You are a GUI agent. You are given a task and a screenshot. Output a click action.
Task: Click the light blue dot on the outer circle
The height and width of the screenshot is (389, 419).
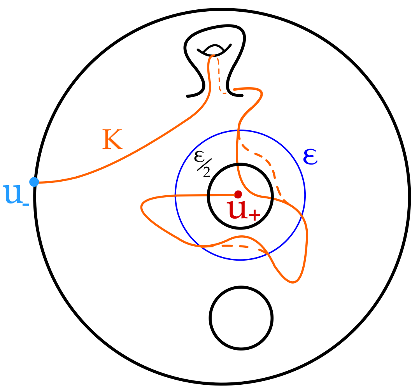(34, 182)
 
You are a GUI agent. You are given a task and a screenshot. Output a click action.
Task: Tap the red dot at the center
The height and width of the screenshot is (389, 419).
(238, 194)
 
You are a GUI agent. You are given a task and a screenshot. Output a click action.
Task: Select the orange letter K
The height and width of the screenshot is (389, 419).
(112, 140)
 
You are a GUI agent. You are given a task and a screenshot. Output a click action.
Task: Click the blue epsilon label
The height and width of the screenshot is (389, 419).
(310, 157)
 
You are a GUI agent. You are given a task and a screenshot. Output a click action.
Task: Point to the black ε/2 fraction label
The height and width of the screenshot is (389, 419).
(202, 164)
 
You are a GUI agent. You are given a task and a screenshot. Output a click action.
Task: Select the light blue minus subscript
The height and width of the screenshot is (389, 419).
(25, 204)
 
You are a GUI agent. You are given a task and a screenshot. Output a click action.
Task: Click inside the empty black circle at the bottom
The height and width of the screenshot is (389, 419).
(241, 318)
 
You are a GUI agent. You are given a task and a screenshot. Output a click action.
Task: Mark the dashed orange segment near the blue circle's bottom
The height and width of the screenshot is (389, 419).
(233, 246)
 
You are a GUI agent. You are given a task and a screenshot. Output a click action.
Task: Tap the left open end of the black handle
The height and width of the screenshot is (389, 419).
(188, 96)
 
